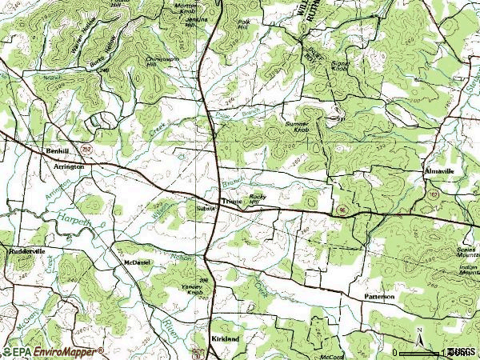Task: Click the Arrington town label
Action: click(69, 167)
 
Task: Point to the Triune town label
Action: click(231, 203)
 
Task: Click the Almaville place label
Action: click(440, 172)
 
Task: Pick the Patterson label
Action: click(380, 297)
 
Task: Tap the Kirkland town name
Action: click(225, 339)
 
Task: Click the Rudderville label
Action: click(28, 251)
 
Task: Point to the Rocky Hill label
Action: click(257, 198)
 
